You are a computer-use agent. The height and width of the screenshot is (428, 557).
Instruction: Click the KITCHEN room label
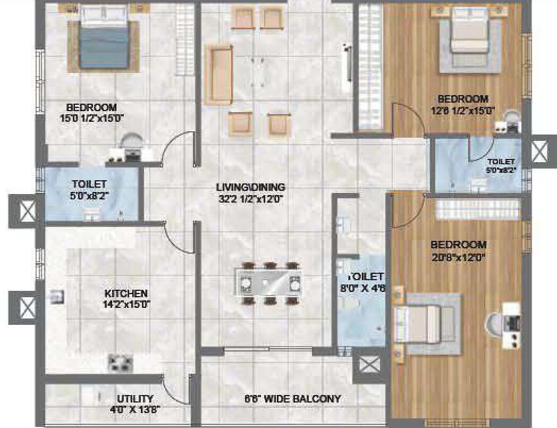125,293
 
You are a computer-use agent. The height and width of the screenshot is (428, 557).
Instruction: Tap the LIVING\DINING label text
250,187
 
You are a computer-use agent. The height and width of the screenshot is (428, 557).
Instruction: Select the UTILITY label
135,398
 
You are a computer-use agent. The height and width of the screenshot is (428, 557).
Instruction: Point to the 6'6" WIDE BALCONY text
292,399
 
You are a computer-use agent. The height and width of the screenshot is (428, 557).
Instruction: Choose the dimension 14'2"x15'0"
125,305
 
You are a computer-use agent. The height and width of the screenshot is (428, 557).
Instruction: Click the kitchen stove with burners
121,363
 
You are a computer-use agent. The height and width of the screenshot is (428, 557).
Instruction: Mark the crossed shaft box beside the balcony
369,365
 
